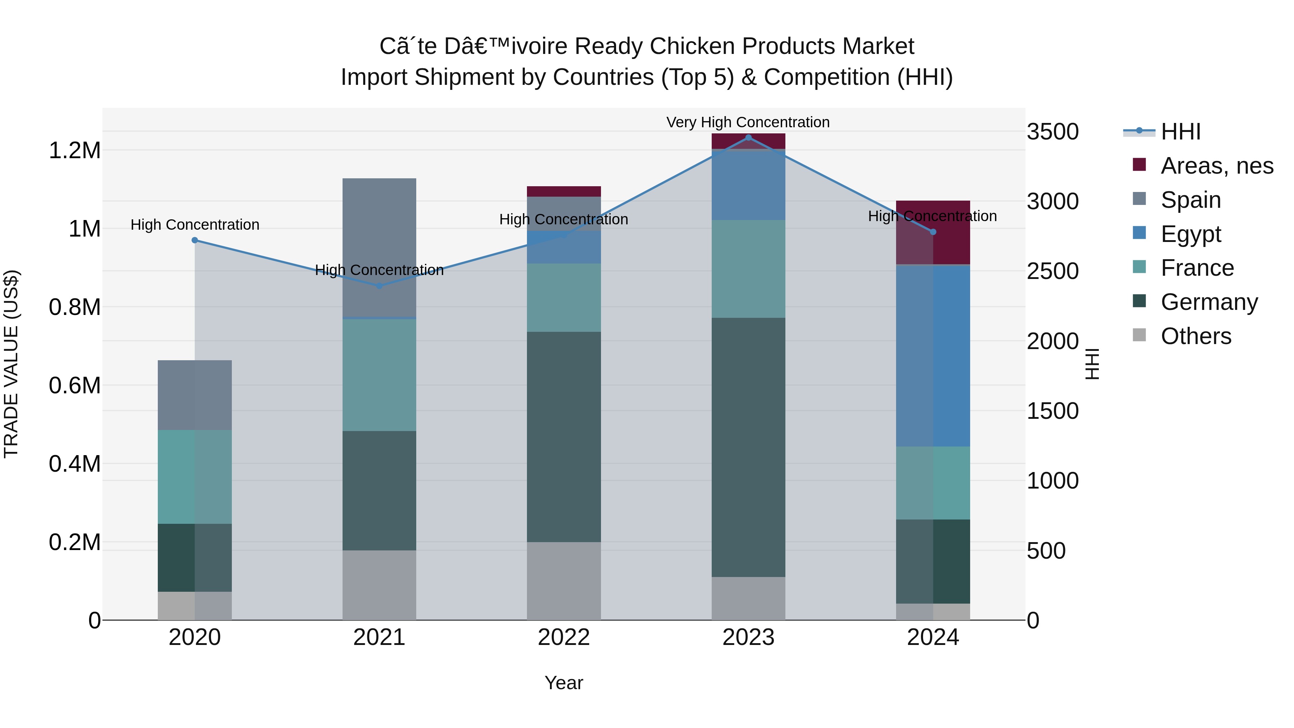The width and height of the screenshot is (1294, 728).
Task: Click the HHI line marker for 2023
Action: point(748,138)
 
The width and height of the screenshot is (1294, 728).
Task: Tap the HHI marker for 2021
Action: point(379,286)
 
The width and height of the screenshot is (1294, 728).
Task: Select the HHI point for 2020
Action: point(195,240)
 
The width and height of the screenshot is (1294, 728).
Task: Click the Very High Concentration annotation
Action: point(748,122)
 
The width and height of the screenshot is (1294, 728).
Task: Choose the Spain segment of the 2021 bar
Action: point(379,247)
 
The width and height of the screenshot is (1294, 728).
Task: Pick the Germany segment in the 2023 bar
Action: point(748,447)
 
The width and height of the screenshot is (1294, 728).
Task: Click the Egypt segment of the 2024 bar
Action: point(933,356)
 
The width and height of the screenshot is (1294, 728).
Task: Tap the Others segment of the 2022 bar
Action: point(564,581)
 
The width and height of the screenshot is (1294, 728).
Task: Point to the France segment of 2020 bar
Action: point(195,476)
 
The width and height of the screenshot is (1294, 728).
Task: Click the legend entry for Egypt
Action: point(1190,234)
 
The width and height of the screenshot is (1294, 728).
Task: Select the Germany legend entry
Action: point(1208,302)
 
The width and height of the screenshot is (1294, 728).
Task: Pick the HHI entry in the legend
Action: point(1180,132)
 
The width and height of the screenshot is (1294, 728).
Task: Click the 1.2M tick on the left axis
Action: point(74,151)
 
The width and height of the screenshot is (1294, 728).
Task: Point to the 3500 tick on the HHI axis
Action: point(1052,132)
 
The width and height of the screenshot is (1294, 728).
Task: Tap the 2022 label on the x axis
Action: point(564,637)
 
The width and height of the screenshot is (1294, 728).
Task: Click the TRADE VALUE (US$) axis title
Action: point(11,364)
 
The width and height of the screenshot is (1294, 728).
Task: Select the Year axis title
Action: point(564,683)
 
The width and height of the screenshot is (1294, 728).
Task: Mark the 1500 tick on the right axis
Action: point(1052,411)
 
